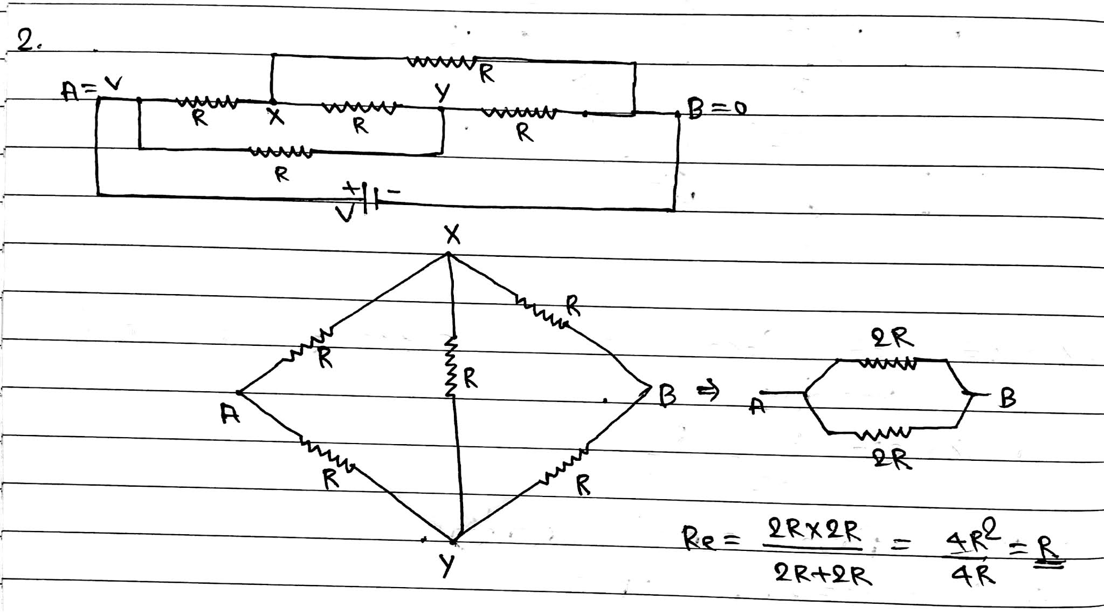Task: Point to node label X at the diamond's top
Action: [452, 235]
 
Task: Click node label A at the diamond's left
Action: [230, 414]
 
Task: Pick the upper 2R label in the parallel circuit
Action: [892, 339]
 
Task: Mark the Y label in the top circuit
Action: [443, 93]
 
